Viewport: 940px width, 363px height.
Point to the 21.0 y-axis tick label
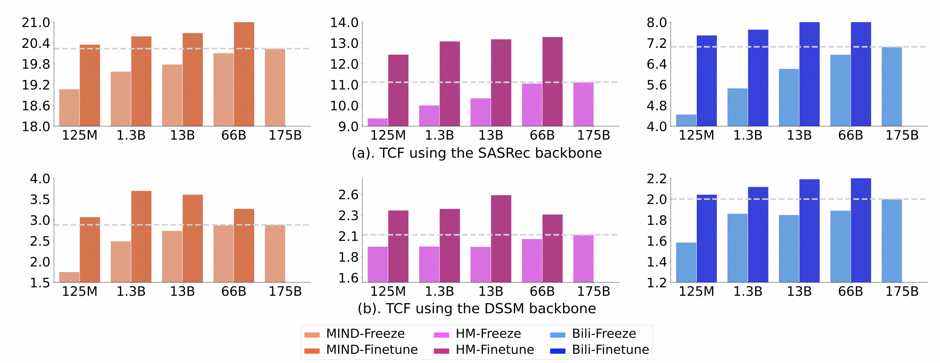pyautogui.click(x=36, y=23)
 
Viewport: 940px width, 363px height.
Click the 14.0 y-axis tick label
pyautogui.click(x=344, y=23)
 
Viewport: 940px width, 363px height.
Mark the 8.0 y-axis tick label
pyautogui.click(x=656, y=23)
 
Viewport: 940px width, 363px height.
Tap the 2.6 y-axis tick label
pyautogui.click(x=348, y=195)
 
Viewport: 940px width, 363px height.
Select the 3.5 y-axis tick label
pyautogui.click(x=40, y=200)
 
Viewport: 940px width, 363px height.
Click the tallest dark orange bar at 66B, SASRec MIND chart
pyautogui.click(x=244, y=74)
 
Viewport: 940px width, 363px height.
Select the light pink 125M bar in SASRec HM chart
pyautogui.click(x=378, y=122)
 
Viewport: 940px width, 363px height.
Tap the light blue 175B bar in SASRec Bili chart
pyautogui.click(x=892, y=87)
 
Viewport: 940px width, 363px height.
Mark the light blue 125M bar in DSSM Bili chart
pyautogui.click(x=686, y=262)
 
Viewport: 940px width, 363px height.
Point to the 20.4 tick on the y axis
pyautogui.click(x=36, y=43)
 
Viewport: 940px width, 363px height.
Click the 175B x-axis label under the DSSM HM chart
pyautogui.click(x=594, y=292)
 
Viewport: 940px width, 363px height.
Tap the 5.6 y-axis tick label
pyautogui.click(x=656, y=85)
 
